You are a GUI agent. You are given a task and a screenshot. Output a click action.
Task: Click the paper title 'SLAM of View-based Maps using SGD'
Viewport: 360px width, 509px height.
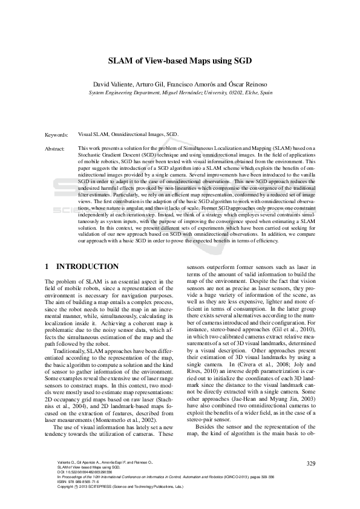click(x=180, y=61)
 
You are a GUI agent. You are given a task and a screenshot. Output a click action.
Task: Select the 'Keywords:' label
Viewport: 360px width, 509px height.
click(x=56, y=135)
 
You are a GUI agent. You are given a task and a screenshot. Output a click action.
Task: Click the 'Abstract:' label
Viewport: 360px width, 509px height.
click(x=55, y=148)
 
